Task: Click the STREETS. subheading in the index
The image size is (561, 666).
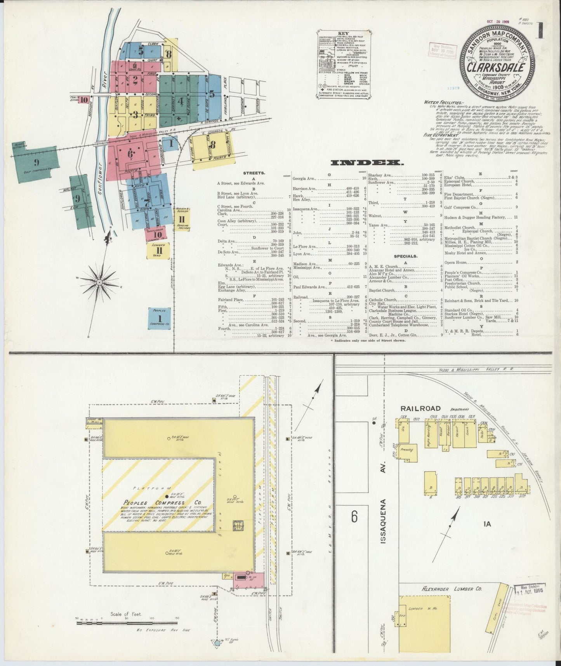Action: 254,173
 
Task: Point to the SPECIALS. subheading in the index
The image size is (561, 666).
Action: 406,256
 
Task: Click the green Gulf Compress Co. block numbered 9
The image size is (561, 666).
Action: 36,162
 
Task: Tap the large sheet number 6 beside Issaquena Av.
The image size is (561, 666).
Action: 354,516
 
